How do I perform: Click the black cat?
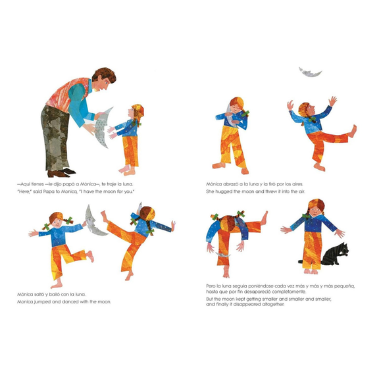tap(335, 255)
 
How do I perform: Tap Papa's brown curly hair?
tap(105, 75)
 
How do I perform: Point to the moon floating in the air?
tap(310, 72)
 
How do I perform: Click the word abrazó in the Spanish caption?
tap(230, 184)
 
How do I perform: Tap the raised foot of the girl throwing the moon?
tap(353, 131)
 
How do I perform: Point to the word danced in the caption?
tap(70, 302)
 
